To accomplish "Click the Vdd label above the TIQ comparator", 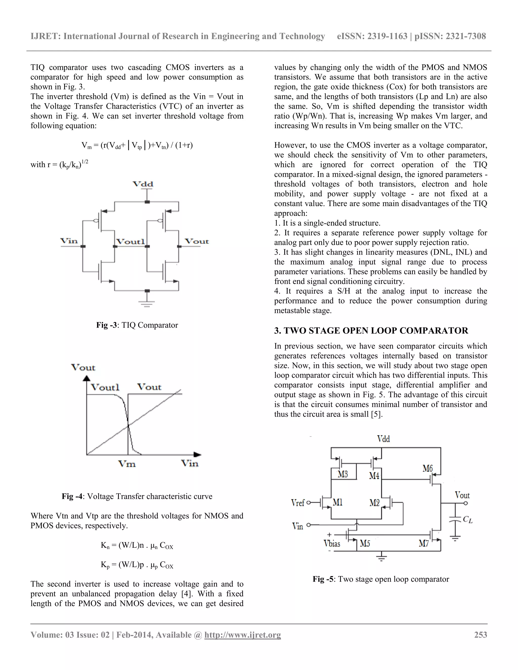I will (143, 184).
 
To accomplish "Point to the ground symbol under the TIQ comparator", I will (147, 303).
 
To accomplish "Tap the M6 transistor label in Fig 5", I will (427, 468).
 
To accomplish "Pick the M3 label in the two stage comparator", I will (343, 474).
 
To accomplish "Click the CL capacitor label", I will (467, 519).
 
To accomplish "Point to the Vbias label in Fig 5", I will (332, 544).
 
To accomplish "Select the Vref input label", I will (298, 503).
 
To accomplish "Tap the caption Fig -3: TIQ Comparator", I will (137, 325).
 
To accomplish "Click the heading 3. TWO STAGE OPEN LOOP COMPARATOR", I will (371, 330).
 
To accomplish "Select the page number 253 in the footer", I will (481, 634).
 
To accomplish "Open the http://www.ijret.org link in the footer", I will (242, 634).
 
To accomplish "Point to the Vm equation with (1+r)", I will (137, 145).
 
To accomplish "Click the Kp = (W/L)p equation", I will (137, 565).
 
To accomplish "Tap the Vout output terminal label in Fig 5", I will (462, 495).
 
